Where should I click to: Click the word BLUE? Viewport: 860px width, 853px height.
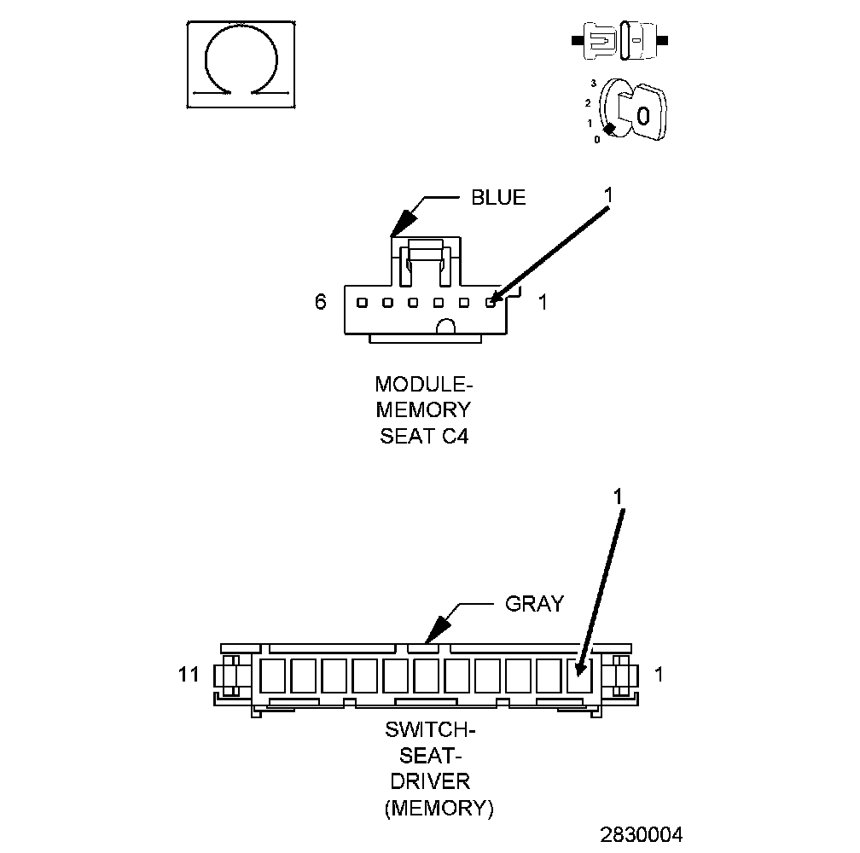click(x=498, y=198)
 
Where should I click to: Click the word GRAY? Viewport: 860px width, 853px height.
click(x=534, y=604)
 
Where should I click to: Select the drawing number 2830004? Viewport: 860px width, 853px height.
click(x=642, y=833)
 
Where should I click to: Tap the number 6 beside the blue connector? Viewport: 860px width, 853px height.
click(x=321, y=302)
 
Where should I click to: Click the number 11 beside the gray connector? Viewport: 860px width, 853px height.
click(x=189, y=675)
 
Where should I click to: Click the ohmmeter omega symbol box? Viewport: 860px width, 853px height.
click(x=241, y=65)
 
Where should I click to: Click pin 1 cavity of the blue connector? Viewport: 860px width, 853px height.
click(x=491, y=302)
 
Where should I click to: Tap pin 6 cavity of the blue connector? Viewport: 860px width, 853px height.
click(x=362, y=302)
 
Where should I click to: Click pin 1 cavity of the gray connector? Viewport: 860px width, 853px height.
click(x=579, y=676)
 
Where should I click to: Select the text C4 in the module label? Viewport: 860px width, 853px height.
click(x=455, y=437)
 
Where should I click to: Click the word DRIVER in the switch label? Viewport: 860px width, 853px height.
click(x=428, y=780)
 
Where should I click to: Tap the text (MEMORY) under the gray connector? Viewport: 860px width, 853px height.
click(x=439, y=808)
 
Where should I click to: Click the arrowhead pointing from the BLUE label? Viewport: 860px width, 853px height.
click(x=394, y=230)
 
